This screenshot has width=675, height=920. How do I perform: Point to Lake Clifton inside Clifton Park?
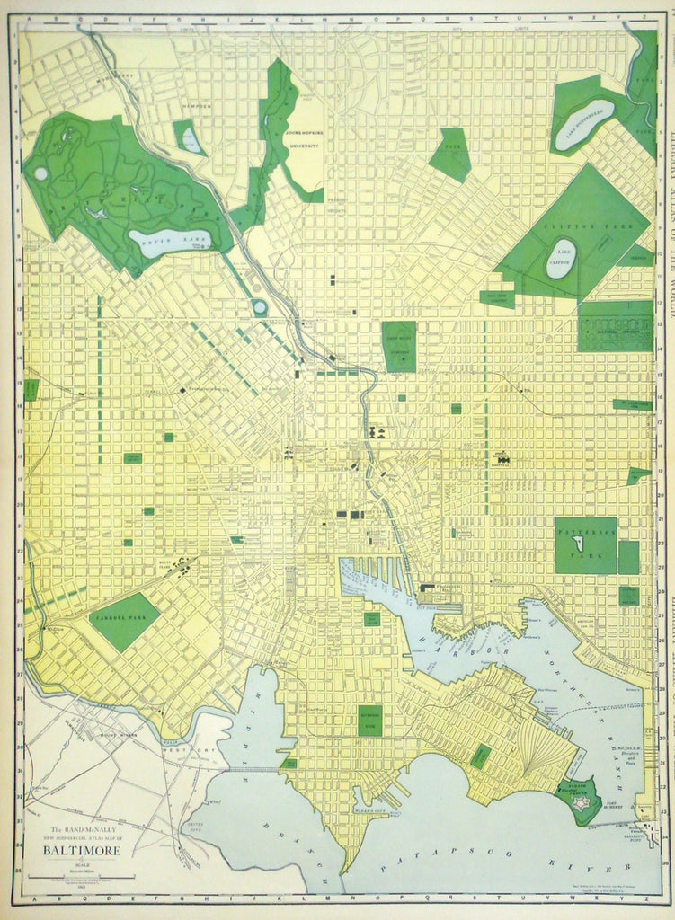pos(560,259)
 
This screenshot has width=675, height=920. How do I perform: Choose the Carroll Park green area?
pos(126,621)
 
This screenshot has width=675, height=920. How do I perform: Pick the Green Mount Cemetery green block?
pos(399,346)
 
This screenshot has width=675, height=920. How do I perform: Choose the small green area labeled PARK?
pos(449,153)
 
